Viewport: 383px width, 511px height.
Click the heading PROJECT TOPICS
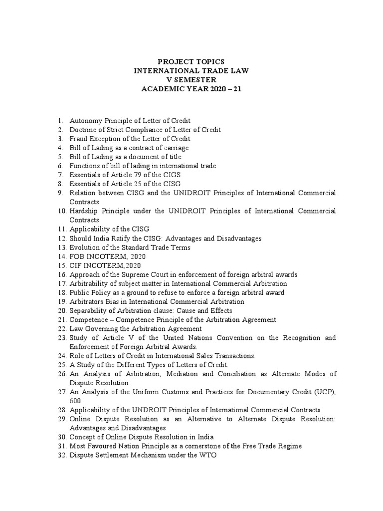point(191,61)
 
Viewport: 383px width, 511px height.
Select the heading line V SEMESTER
point(191,79)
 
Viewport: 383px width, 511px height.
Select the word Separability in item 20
point(87,310)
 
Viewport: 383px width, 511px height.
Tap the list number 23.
point(61,338)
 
